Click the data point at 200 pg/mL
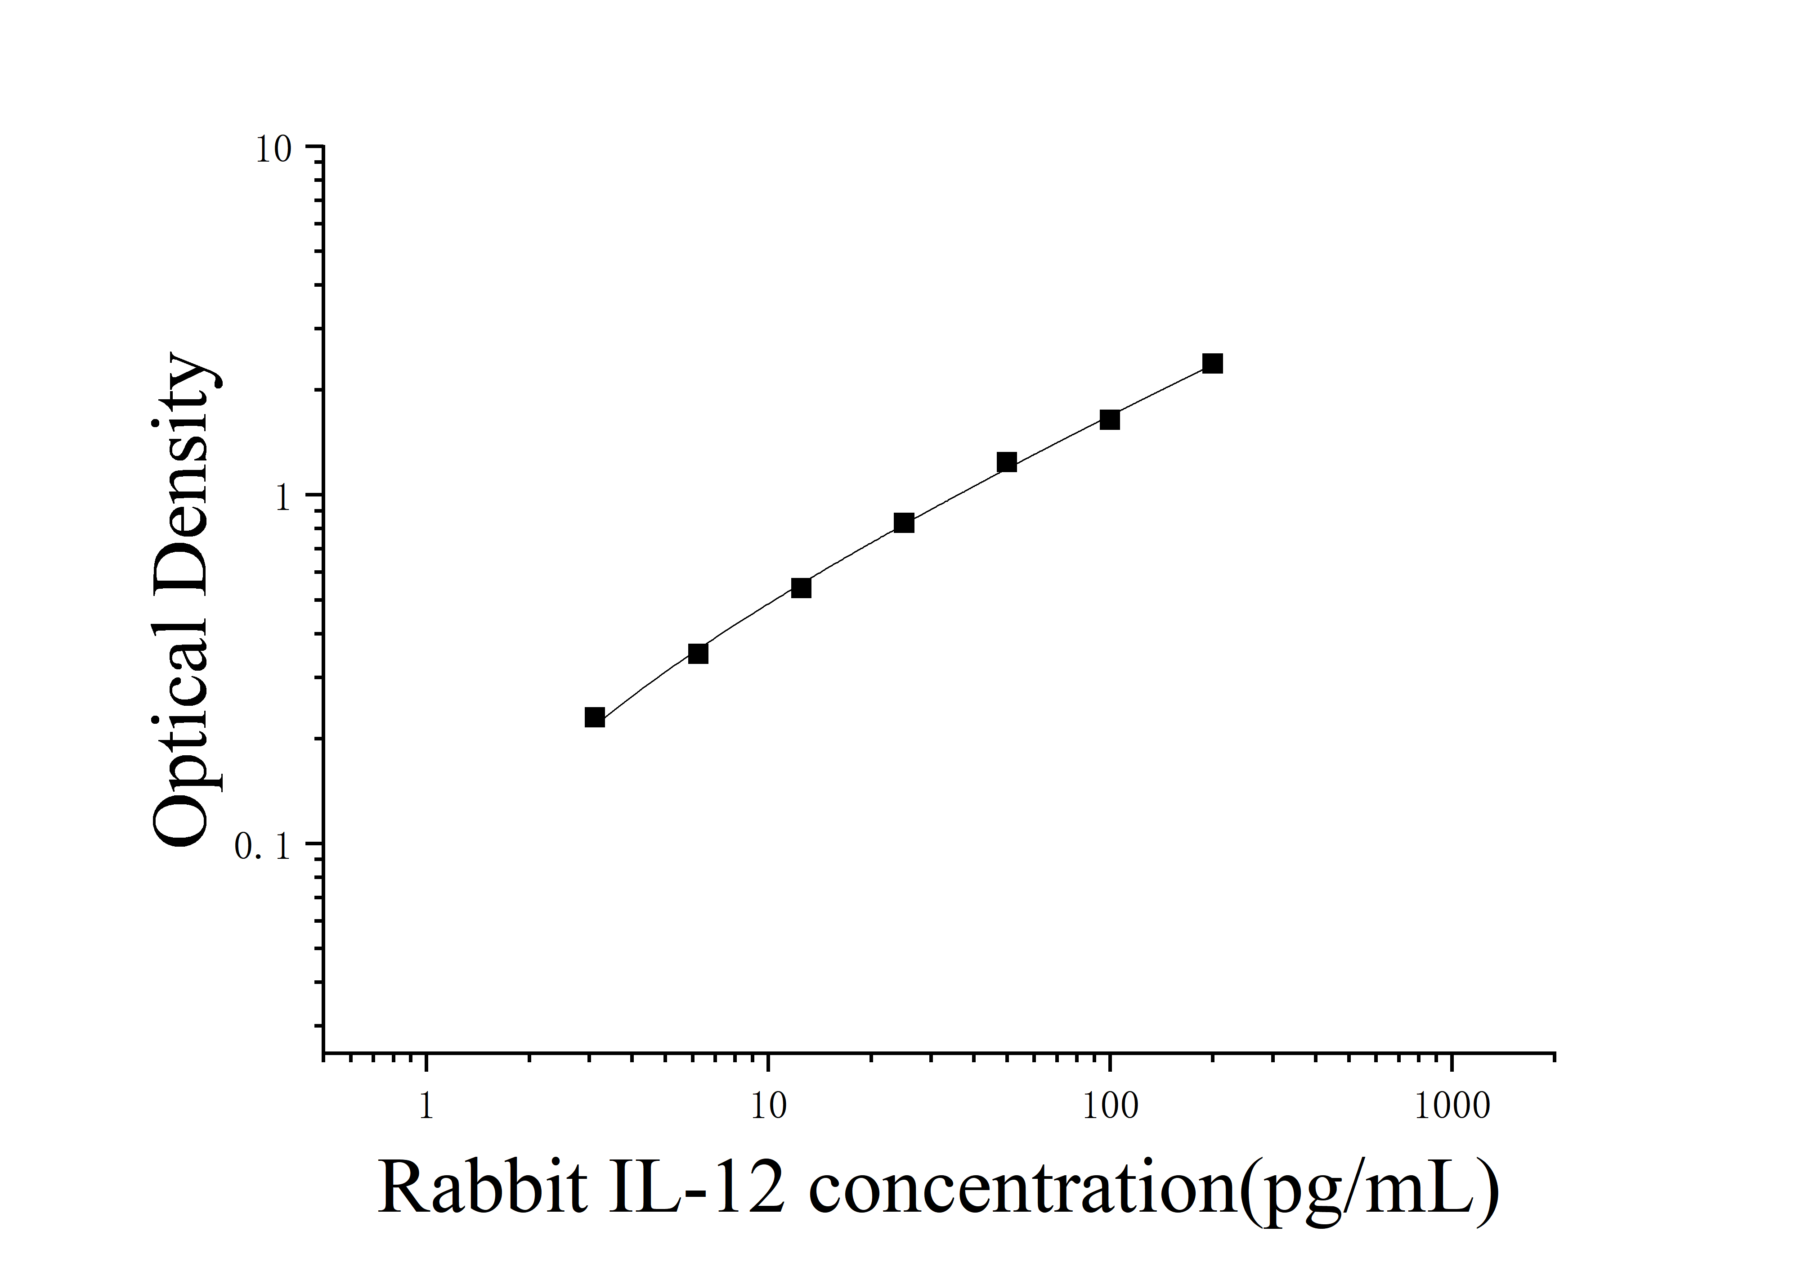(x=1212, y=364)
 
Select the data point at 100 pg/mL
(x=1109, y=419)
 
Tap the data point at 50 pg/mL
(x=1006, y=462)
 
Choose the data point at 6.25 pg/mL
(x=698, y=653)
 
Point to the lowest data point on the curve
(x=595, y=717)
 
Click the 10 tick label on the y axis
(x=273, y=149)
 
